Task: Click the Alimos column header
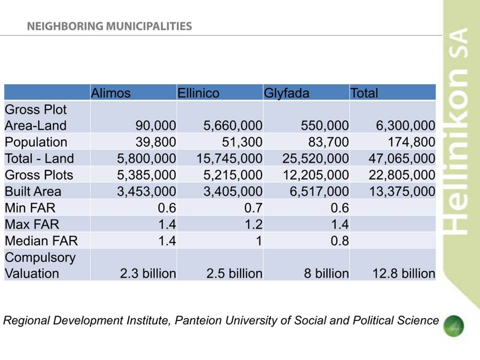coord(111,93)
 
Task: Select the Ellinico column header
coord(198,93)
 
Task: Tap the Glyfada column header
coord(286,93)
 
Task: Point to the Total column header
coord(364,93)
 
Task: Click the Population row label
coord(36,142)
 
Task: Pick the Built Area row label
coord(33,191)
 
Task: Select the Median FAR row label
coord(41,241)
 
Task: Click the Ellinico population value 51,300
coord(242,142)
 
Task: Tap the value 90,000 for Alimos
coord(156,125)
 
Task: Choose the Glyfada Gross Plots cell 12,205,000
coord(315,175)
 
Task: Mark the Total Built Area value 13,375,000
coord(402,191)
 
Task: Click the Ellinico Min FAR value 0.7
coord(253,208)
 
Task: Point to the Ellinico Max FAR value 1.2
coord(253,224)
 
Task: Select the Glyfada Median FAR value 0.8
coord(340,241)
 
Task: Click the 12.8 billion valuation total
coord(404,273)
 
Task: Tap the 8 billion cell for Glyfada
coord(326,273)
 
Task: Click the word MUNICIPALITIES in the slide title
coord(149,26)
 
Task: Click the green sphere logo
coord(453,326)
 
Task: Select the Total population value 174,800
coord(411,142)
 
